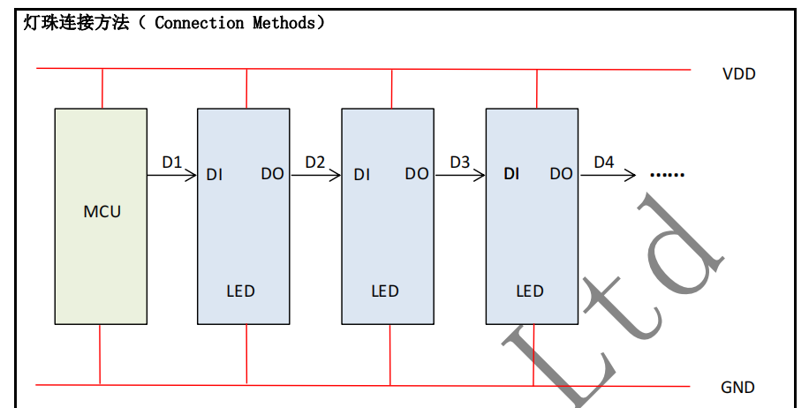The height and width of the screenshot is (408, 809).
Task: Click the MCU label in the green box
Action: point(102,212)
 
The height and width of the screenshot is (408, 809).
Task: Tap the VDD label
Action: point(738,74)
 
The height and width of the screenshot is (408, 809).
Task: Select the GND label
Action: point(737,388)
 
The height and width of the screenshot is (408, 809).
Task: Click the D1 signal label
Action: point(171,162)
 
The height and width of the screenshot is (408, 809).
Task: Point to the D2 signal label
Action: point(315,162)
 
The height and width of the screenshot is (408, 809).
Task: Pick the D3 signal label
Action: point(460,162)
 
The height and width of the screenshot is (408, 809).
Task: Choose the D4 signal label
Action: point(604,162)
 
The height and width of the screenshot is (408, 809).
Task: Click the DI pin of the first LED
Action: point(215,175)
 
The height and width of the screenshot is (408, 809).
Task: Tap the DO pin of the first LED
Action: point(272,175)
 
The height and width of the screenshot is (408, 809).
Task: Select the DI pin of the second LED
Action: point(361,175)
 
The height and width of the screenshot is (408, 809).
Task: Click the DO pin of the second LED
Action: point(417,175)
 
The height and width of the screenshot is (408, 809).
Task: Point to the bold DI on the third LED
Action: point(511,175)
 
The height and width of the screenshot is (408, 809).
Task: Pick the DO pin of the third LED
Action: point(561,175)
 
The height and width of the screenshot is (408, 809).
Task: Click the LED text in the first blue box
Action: point(240,291)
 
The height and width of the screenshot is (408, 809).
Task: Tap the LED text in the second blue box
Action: point(385,291)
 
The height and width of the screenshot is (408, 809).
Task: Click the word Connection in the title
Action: point(200,24)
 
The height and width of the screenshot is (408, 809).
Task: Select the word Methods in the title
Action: point(283,24)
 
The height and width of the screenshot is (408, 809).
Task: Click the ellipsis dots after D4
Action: point(667,175)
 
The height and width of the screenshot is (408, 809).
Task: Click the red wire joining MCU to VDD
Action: point(102,88)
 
